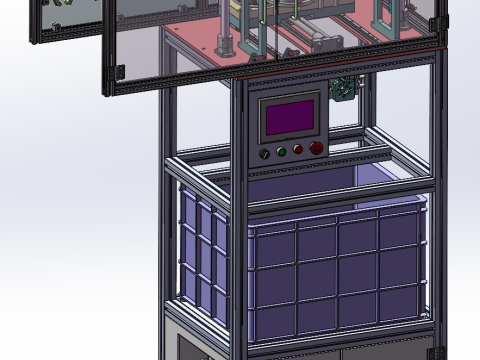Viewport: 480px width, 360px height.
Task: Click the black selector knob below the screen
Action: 265,153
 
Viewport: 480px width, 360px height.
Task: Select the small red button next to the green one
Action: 298,151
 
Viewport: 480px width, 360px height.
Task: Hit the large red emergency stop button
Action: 316,149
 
